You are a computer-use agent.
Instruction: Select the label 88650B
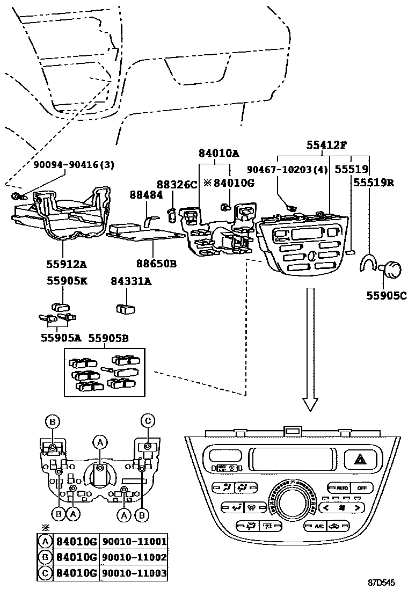156,264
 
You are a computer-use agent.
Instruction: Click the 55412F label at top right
327,144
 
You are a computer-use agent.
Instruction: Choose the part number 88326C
177,185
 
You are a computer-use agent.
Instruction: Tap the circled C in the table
47,573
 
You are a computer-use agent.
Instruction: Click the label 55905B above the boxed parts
108,338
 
